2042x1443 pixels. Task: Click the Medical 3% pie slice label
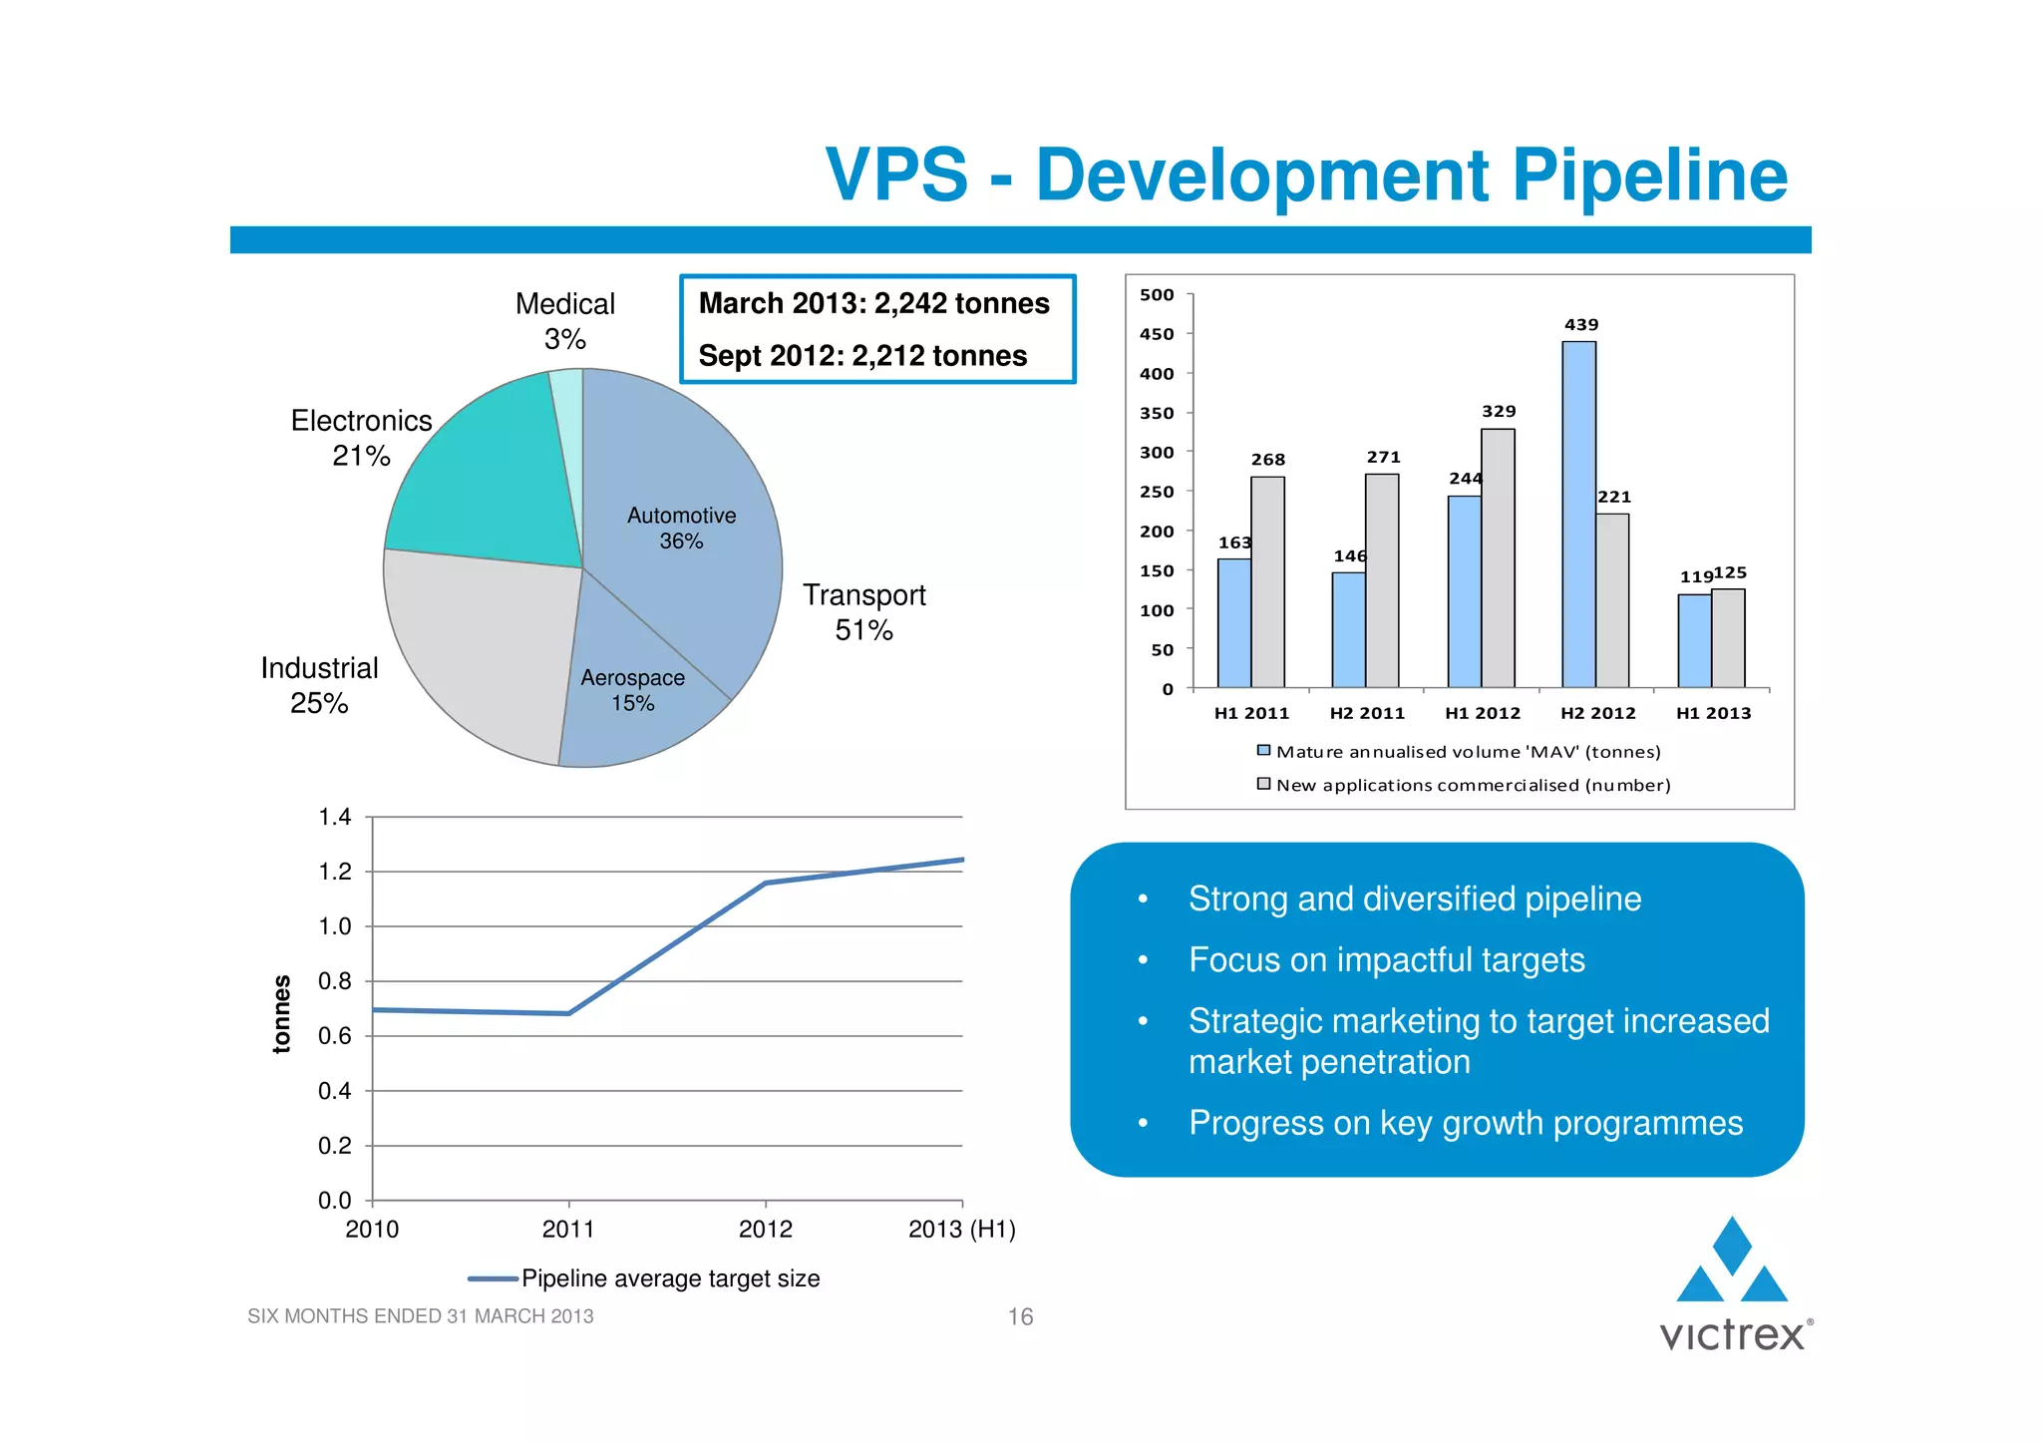coord(564,321)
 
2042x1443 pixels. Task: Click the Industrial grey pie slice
coord(479,648)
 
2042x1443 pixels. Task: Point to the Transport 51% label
coord(863,612)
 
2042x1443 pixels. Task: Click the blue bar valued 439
coord(1578,514)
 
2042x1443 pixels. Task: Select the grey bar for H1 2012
coord(1498,558)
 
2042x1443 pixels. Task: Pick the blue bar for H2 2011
coord(1348,629)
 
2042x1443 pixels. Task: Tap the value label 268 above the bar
coord(1267,460)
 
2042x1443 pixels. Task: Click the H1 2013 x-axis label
coord(1713,713)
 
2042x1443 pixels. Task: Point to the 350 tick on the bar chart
coord(1157,413)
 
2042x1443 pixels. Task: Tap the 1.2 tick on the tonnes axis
coord(335,872)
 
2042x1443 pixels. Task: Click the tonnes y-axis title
coord(282,1013)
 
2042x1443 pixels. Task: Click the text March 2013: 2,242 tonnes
coord(873,303)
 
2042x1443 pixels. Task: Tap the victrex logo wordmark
coord(1732,1335)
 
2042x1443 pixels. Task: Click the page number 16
coord(1020,1316)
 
